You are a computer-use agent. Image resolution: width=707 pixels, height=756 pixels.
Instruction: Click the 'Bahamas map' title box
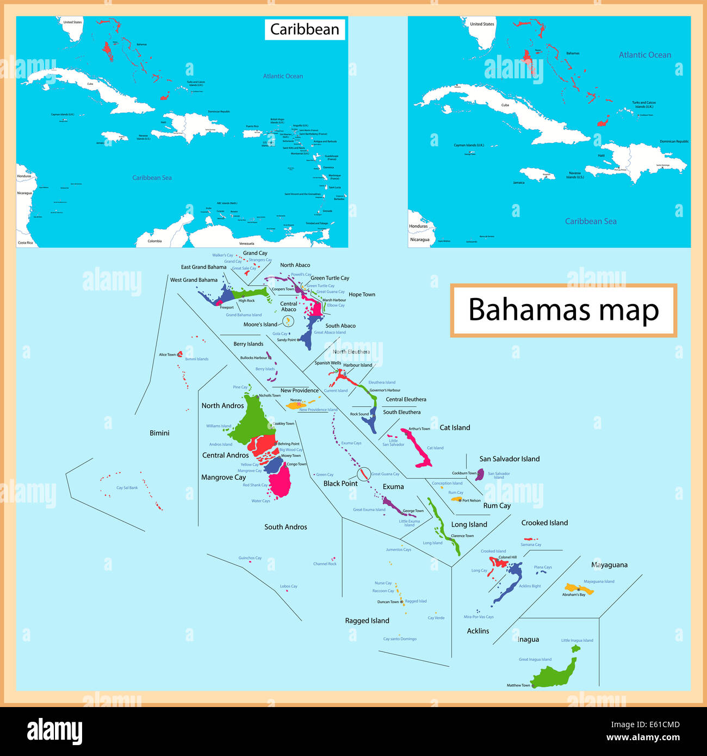pyautogui.click(x=563, y=310)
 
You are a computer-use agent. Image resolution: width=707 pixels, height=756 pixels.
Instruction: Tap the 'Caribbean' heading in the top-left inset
pyautogui.click(x=305, y=29)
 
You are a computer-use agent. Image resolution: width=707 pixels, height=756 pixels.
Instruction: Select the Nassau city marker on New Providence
pyautogui.click(x=299, y=404)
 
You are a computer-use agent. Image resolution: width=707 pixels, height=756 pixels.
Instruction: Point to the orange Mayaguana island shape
pyautogui.click(x=578, y=588)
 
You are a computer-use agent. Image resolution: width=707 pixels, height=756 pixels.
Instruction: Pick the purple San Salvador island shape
pyautogui.click(x=480, y=474)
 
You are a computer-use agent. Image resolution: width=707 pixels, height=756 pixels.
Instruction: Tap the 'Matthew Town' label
pyautogui.click(x=518, y=685)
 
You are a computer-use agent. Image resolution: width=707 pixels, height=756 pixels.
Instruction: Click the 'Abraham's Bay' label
pyautogui.click(x=574, y=595)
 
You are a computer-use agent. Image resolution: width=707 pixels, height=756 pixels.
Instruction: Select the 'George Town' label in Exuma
pyautogui.click(x=413, y=511)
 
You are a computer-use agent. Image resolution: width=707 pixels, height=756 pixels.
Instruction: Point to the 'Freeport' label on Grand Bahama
pyautogui.click(x=227, y=307)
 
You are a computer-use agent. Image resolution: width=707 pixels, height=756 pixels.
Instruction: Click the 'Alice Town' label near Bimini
pyautogui.click(x=167, y=355)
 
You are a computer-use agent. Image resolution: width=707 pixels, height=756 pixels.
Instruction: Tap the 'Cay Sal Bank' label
pyautogui.click(x=127, y=488)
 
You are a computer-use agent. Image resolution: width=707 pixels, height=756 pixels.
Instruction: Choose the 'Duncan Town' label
pyautogui.click(x=388, y=602)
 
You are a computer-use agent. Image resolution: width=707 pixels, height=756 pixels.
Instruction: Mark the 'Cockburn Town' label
pyautogui.click(x=463, y=473)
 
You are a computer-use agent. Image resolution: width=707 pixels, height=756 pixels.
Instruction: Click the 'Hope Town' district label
pyautogui.click(x=362, y=295)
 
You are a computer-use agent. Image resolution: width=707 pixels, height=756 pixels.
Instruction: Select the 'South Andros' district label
pyautogui.click(x=286, y=527)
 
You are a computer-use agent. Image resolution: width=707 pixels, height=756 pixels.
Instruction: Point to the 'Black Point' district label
pyautogui.click(x=340, y=484)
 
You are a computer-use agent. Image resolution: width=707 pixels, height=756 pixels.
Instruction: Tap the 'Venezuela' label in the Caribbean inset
pyautogui.click(x=246, y=243)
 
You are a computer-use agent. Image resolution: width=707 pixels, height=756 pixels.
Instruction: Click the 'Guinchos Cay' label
pyautogui.click(x=250, y=558)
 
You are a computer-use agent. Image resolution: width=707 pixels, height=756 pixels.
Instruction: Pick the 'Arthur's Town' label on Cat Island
pyautogui.click(x=419, y=429)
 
